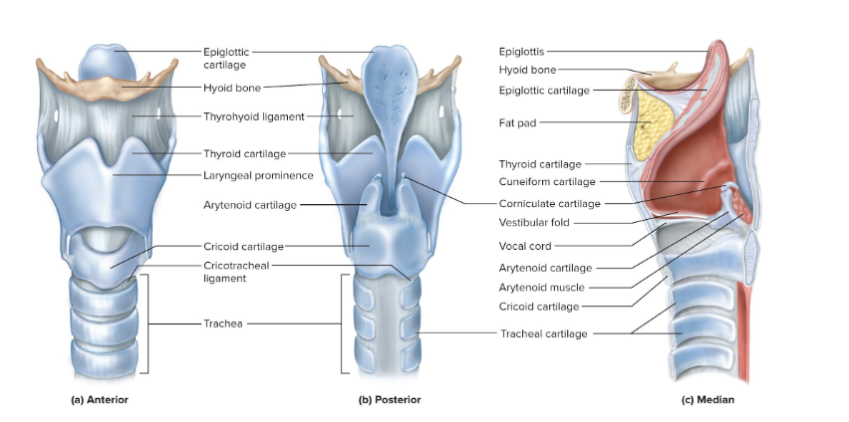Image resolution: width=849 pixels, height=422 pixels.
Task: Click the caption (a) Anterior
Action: tap(100, 400)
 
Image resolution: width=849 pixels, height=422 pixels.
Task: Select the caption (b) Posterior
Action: tap(390, 400)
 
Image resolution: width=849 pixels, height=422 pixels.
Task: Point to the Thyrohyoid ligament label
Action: tap(254, 116)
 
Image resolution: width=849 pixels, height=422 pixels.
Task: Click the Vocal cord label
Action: tap(524, 245)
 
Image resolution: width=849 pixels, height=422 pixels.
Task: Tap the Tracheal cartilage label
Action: tap(543, 333)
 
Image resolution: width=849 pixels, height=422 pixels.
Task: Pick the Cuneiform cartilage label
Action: tap(547, 181)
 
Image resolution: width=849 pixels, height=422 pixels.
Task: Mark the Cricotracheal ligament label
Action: tap(236, 272)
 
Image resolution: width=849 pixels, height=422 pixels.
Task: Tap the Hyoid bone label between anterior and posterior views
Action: tap(232, 88)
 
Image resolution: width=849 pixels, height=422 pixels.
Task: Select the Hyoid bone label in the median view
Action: tap(527, 70)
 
